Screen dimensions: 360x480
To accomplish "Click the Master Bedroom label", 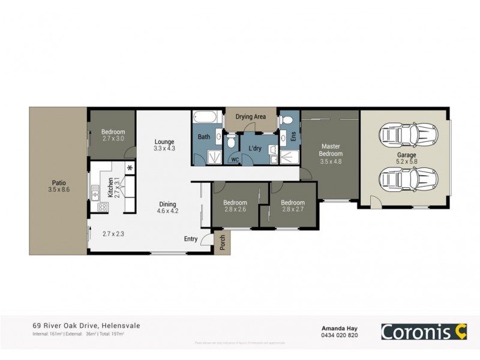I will click(331, 150).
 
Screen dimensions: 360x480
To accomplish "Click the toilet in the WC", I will click(231, 143).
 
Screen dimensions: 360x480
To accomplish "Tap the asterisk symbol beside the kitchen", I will click(130, 167).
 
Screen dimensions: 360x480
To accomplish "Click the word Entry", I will click(191, 239).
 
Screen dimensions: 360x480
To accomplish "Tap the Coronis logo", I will click(424, 331).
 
